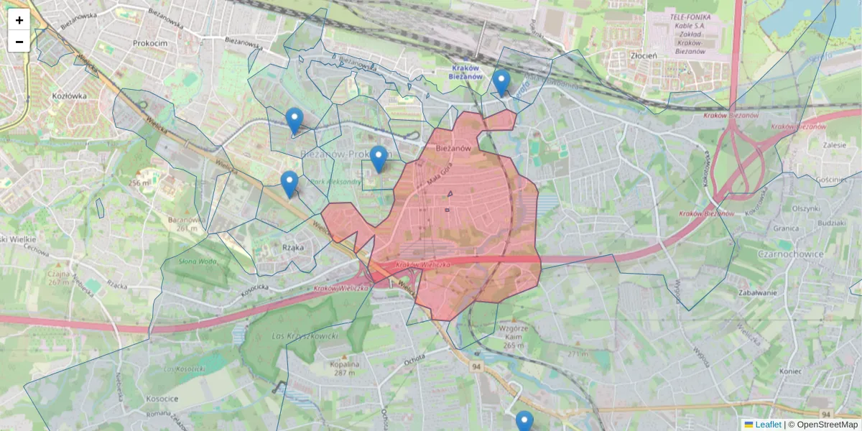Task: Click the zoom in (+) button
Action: tap(19, 20)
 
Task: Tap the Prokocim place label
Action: tap(150, 43)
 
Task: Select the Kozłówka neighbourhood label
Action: tap(70, 95)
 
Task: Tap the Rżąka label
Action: tap(293, 247)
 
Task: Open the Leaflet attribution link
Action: tap(767, 425)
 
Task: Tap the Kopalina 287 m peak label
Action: tap(344, 368)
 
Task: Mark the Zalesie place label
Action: tap(834, 144)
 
